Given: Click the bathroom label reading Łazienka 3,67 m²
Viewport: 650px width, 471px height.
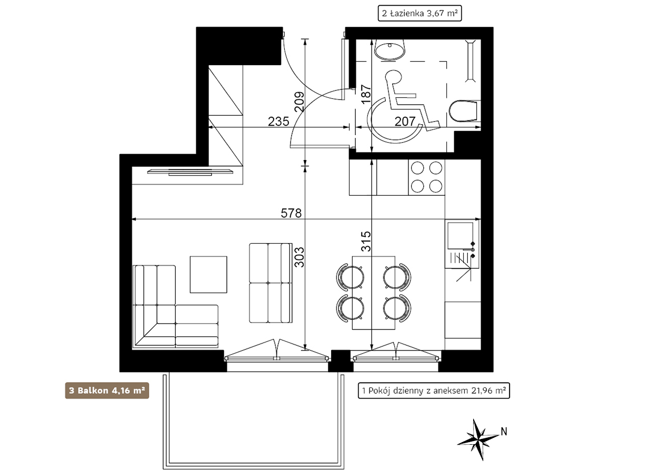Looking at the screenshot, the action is point(419,13).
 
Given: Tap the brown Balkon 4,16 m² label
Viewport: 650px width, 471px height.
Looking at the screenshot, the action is point(107,390).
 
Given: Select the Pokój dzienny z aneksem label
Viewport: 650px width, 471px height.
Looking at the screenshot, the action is point(434,390).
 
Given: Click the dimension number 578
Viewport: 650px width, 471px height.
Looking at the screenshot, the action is point(291,213).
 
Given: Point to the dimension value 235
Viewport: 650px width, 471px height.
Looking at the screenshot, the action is point(278,122).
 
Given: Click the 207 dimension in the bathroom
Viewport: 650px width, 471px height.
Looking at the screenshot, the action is point(405,122).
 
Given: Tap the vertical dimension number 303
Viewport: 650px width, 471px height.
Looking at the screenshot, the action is point(299,257).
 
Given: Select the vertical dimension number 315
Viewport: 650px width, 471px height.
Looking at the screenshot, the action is point(366,241).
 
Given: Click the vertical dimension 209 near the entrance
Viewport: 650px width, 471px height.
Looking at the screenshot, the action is point(299,102).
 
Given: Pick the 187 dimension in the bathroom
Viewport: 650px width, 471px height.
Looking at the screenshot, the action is point(366,94).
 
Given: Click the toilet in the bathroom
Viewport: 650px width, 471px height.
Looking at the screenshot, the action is point(464,111).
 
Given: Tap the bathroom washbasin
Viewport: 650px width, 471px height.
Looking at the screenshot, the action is point(389,49).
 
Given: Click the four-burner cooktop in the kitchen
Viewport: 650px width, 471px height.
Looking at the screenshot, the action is point(426,177).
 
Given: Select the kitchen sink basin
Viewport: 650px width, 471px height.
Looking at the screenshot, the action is point(460,236).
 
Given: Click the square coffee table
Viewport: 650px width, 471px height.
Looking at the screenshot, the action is point(208,274).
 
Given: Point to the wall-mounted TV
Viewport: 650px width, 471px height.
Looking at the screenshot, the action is point(190,172).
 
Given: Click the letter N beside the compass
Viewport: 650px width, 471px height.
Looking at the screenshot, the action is point(504,432).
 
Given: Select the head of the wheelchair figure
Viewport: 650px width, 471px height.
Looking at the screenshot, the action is point(394,77).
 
